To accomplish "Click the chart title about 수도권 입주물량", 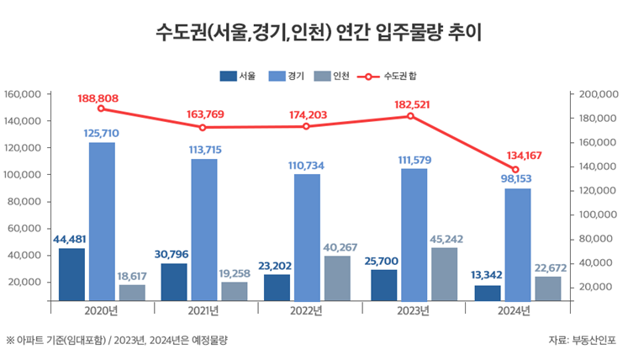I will click(314, 33).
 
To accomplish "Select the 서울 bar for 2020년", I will click(71, 273).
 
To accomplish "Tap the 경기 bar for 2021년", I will click(203, 229).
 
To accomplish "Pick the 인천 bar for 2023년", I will click(444, 273).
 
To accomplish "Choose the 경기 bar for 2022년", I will click(307, 236).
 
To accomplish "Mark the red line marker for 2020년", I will click(101, 109).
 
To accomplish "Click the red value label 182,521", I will click(411, 104).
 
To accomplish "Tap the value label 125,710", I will click(102, 133).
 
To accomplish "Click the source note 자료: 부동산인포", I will click(582, 340).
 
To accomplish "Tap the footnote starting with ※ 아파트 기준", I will click(118, 340).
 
